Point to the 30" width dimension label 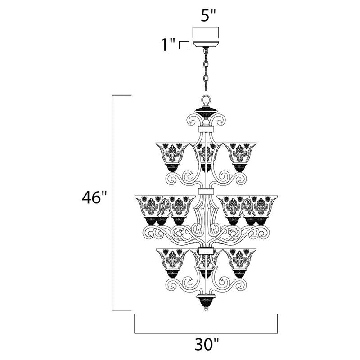207,346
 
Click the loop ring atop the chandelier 206,100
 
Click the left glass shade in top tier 170,153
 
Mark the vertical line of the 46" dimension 112,202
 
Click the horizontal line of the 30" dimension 206,333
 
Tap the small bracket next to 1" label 182,45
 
